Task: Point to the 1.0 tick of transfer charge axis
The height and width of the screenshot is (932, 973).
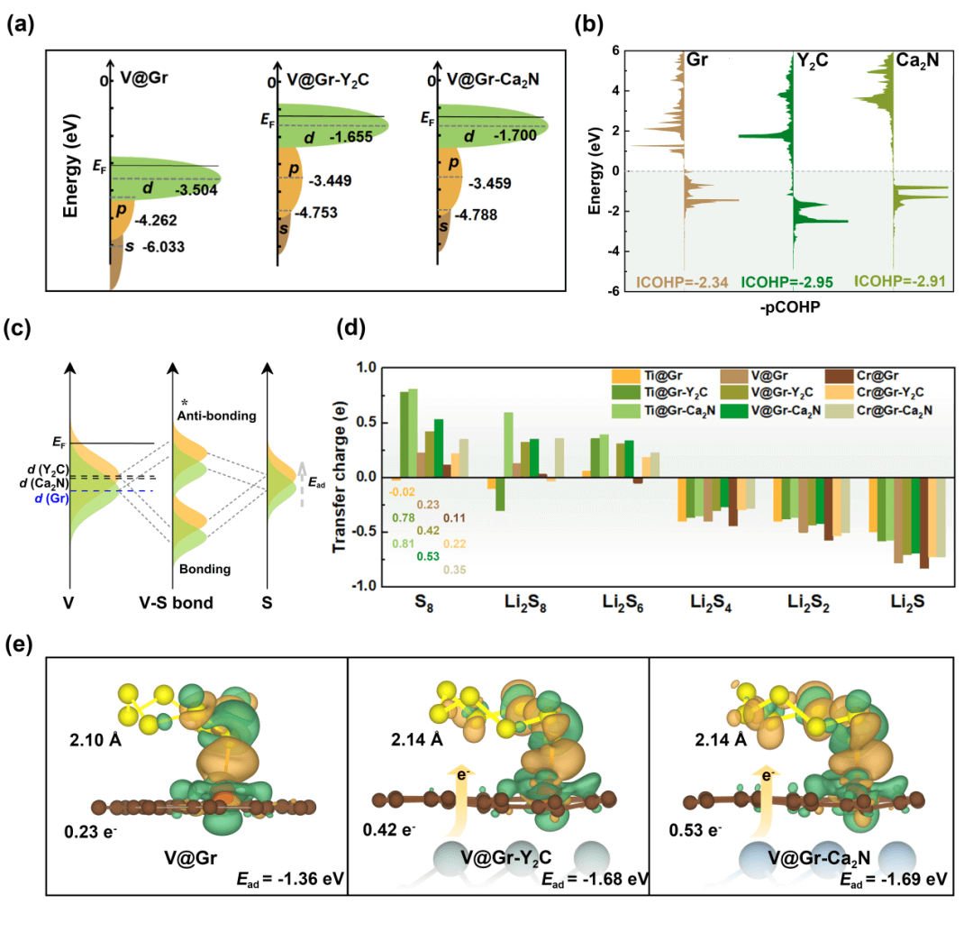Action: coord(365,368)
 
